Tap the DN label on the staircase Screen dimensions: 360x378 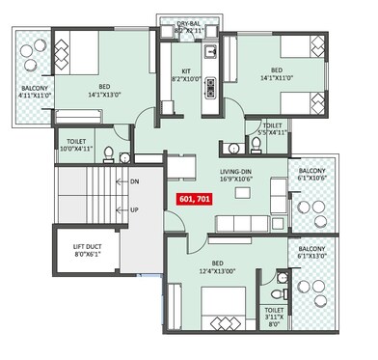135,181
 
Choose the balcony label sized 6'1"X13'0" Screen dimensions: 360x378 311,253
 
